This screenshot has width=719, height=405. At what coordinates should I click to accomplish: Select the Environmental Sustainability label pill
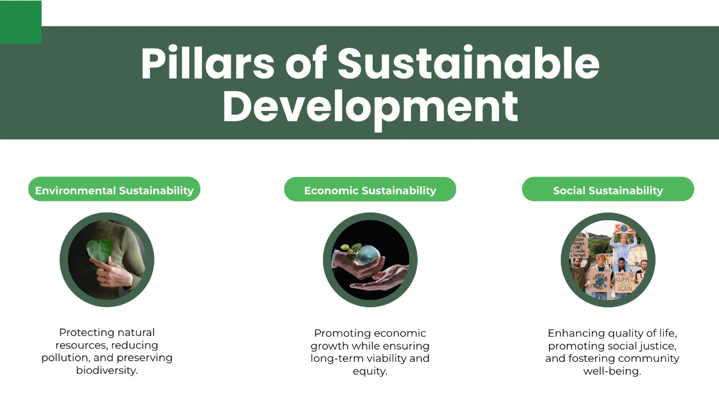point(114,190)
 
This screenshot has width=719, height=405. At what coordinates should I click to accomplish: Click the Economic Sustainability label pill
point(370,190)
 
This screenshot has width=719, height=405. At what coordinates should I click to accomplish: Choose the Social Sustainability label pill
point(608,190)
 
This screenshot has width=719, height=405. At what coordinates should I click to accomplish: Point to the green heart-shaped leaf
point(99,250)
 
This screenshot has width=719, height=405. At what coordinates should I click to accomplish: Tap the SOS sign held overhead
point(624,228)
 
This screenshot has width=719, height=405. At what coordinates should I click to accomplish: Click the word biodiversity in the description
point(107,370)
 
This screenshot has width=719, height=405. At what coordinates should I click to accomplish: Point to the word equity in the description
point(370,371)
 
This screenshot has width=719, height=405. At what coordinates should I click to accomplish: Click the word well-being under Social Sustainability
point(612,371)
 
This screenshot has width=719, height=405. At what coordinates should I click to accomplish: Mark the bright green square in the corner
point(20,22)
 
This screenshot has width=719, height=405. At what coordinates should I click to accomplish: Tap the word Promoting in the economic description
point(342,333)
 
